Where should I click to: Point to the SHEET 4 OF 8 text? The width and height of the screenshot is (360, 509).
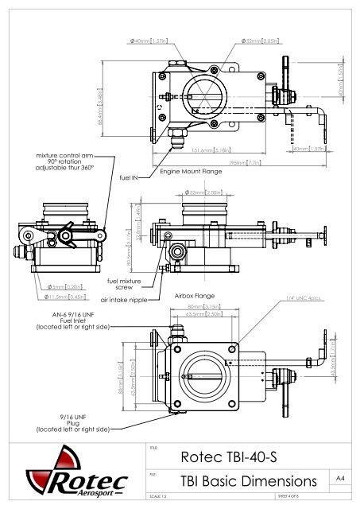point(292,499)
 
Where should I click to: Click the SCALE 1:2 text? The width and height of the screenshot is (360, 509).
point(160,499)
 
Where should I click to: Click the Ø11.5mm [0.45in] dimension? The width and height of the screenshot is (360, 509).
point(45,298)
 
